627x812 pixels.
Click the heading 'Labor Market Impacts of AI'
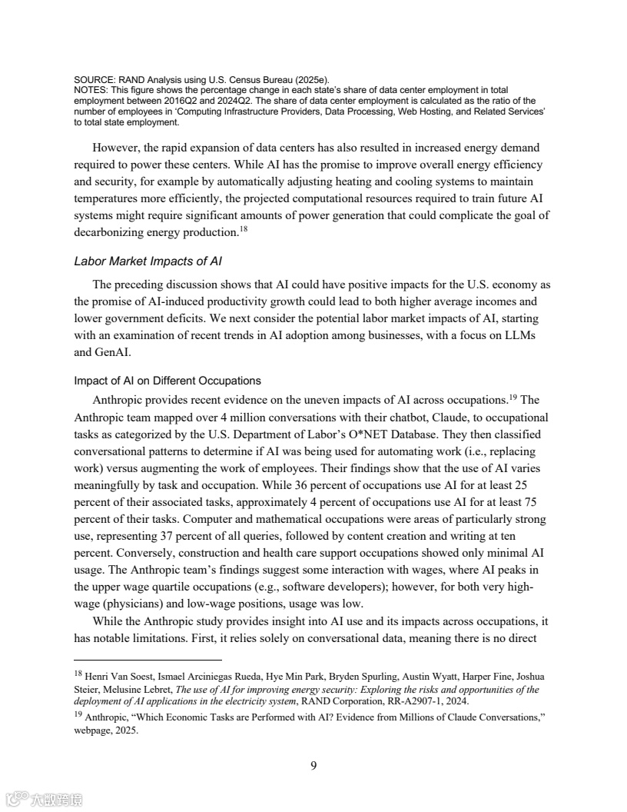click(x=148, y=261)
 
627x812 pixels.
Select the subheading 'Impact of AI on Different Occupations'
click(x=168, y=381)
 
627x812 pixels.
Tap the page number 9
click(x=313, y=764)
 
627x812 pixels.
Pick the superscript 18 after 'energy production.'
click(x=242, y=229)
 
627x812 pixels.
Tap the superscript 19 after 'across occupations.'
click(x=513, y=397)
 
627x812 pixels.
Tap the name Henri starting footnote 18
click(x=100, y=677)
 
